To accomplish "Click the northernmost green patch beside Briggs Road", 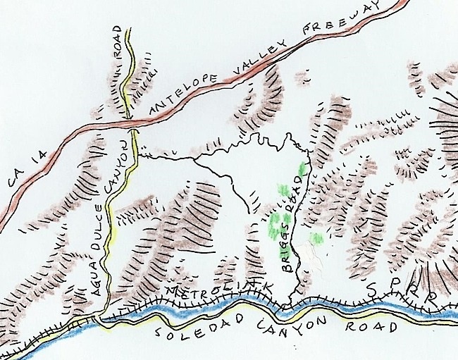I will (304, 169).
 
